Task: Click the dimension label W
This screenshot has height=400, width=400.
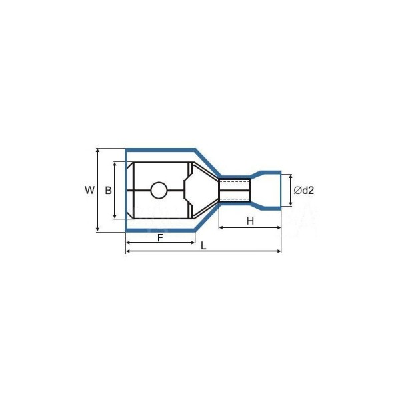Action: [x=89, y=190]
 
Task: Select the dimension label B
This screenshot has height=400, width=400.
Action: [x=109, y=190]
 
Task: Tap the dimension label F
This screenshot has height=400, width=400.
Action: [x=160, y=238]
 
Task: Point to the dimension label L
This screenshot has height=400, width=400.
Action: [x=203, y=246]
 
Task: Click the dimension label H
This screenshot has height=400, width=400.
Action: [x=250, y=221]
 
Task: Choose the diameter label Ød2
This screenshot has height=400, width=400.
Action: [x=303, y=190]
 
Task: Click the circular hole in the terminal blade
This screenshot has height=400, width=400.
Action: [x=159, y=190]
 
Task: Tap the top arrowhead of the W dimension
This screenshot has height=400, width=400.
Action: [x=97, y=151]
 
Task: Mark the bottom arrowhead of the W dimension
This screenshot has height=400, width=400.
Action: [x=97, y=229]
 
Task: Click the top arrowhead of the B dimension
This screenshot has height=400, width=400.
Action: [x=115, y=164]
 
